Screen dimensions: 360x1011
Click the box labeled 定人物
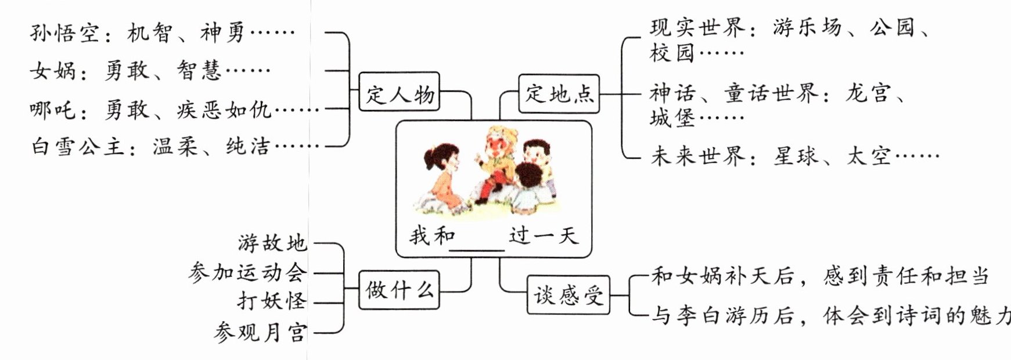pos(399,93)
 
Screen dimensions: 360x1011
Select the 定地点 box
pos(559,93)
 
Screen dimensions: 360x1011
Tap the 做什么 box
pos(399,289)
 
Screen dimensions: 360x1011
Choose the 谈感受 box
pos(569,296)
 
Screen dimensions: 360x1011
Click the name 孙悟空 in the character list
pos(64,33)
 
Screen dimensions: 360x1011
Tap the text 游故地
pos(272,243)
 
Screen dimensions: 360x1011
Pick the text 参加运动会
pos(247,272)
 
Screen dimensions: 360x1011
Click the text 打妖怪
pos(272,301)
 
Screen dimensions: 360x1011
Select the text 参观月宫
pos(260,332)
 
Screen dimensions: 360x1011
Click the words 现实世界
pos(697,27)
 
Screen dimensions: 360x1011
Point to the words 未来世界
pos(697,156)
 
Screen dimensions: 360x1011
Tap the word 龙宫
pos(868,93)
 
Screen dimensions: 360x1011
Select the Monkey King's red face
pos(497,145)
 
